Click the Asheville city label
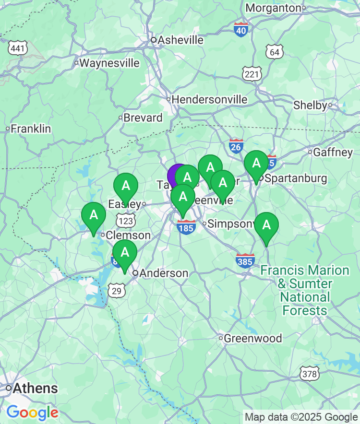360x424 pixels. (180, 40)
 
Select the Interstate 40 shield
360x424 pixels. (241, 30)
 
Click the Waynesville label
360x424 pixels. (109, 63)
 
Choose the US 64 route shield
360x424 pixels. (275, 52)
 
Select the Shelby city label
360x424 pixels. (310, 105)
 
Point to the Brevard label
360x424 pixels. (143, 118)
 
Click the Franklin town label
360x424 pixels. (31, 129)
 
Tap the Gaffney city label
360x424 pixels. (333, 153)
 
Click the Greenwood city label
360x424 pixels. (253, 338)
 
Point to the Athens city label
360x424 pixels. (36, 388)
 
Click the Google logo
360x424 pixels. (32, 412)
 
